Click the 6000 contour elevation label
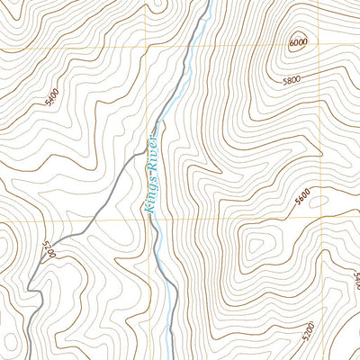pos(297,42)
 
